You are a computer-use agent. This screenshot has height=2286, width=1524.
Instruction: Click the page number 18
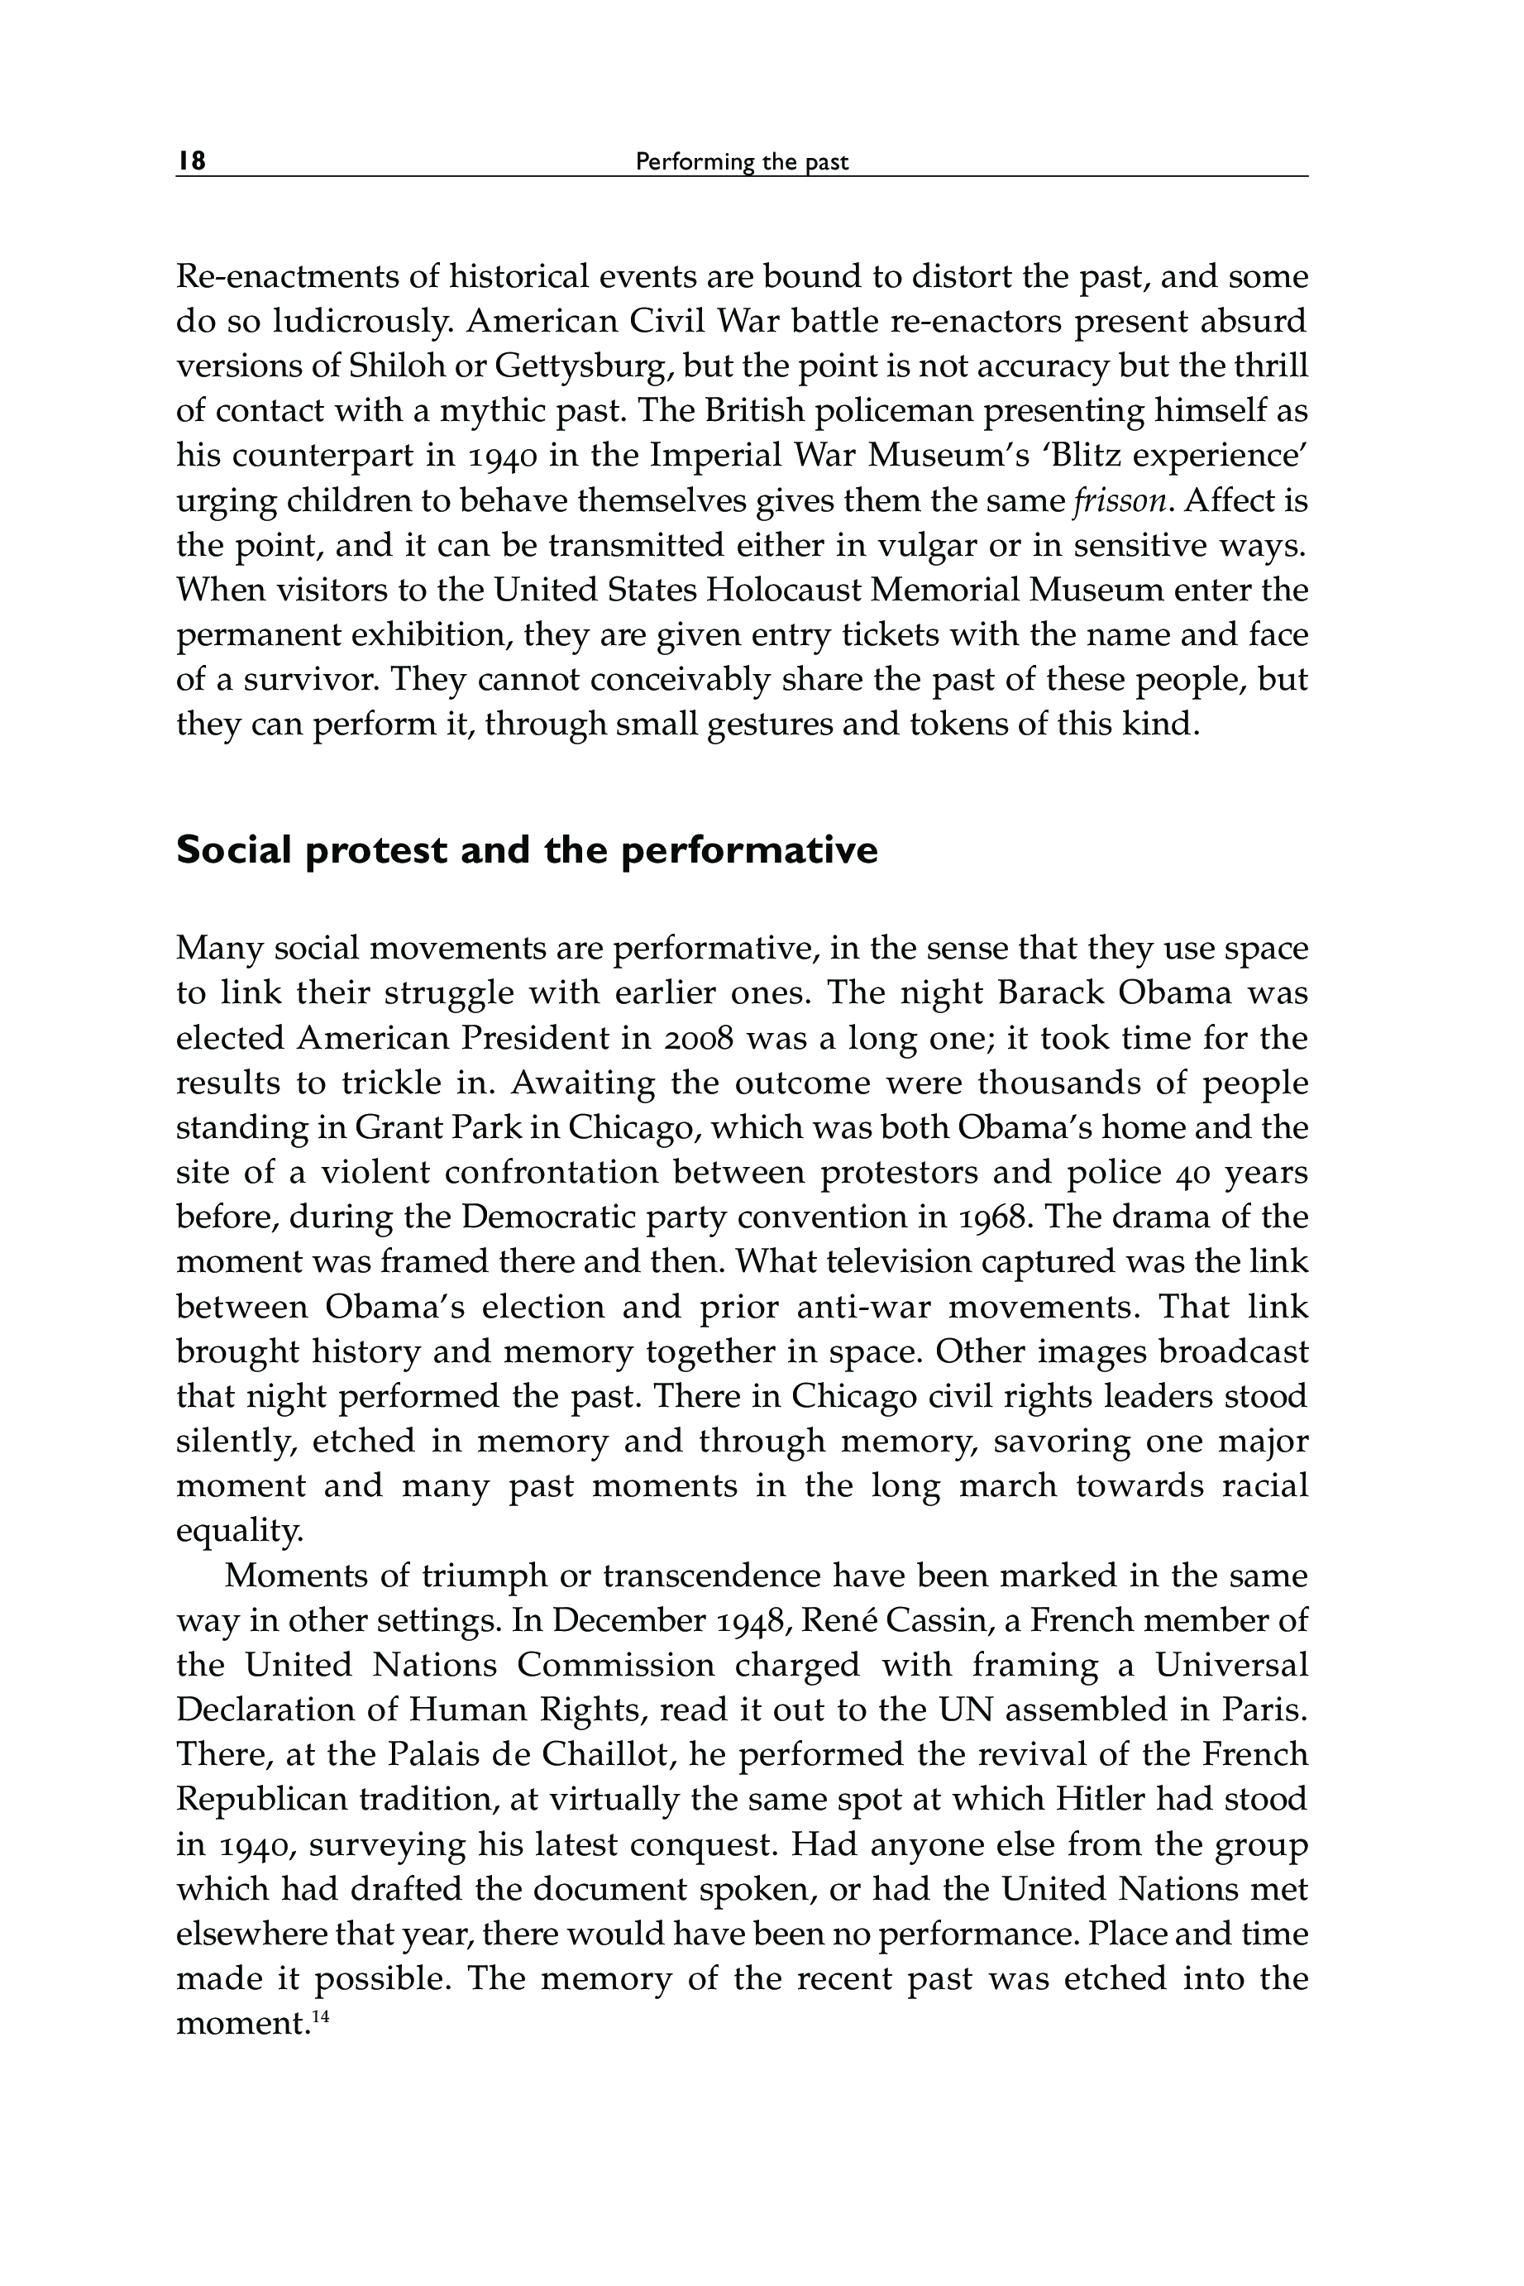click(x=192, y=160)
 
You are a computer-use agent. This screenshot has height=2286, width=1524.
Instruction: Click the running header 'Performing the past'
click(x=742, y=162)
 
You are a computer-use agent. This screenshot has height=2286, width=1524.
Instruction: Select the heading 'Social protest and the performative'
click(x=527, y=850)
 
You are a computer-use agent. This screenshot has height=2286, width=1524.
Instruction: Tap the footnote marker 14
click(x=321, y=2016)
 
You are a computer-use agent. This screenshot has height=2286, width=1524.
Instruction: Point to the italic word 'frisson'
click(x=1119, y=500)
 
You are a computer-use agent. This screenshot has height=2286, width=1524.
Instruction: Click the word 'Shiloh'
click(x=399, y=366)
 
